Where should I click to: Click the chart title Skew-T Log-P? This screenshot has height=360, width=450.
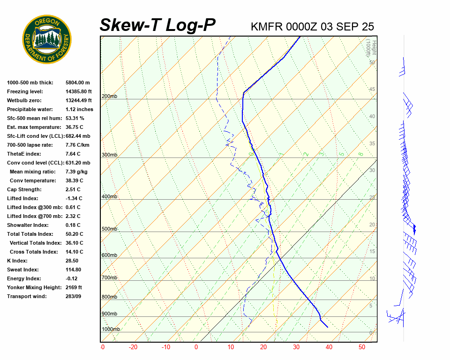click(157, 25)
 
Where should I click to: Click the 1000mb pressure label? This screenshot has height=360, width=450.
click(111, 330)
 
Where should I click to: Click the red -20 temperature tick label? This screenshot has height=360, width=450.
click(133, 347)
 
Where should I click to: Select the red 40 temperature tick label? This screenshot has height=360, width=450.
click(329, 347)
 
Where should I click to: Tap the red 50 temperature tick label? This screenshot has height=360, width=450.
click(362, 347)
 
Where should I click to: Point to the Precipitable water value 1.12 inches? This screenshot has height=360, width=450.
click(79, 109)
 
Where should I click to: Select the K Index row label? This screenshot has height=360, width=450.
click(17, 261)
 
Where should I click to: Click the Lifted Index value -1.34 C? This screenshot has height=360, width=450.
click(73, 198)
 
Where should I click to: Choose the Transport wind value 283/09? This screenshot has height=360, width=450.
click(74, 296)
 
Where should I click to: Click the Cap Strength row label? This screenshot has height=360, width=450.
click(24, 189)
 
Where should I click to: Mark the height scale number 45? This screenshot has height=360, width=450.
click(372, 90)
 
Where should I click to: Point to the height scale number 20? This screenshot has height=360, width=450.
click(372, 225)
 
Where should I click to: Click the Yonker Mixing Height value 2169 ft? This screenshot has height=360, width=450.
click(74, 287)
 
